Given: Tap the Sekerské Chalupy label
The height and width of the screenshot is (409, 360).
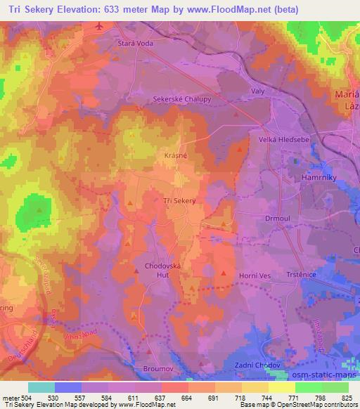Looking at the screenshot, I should [x=182, y=100].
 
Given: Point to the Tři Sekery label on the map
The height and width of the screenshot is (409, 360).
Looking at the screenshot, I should [x=178, y=201].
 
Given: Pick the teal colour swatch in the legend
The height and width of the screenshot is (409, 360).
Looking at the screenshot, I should [x=41, y=387].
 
